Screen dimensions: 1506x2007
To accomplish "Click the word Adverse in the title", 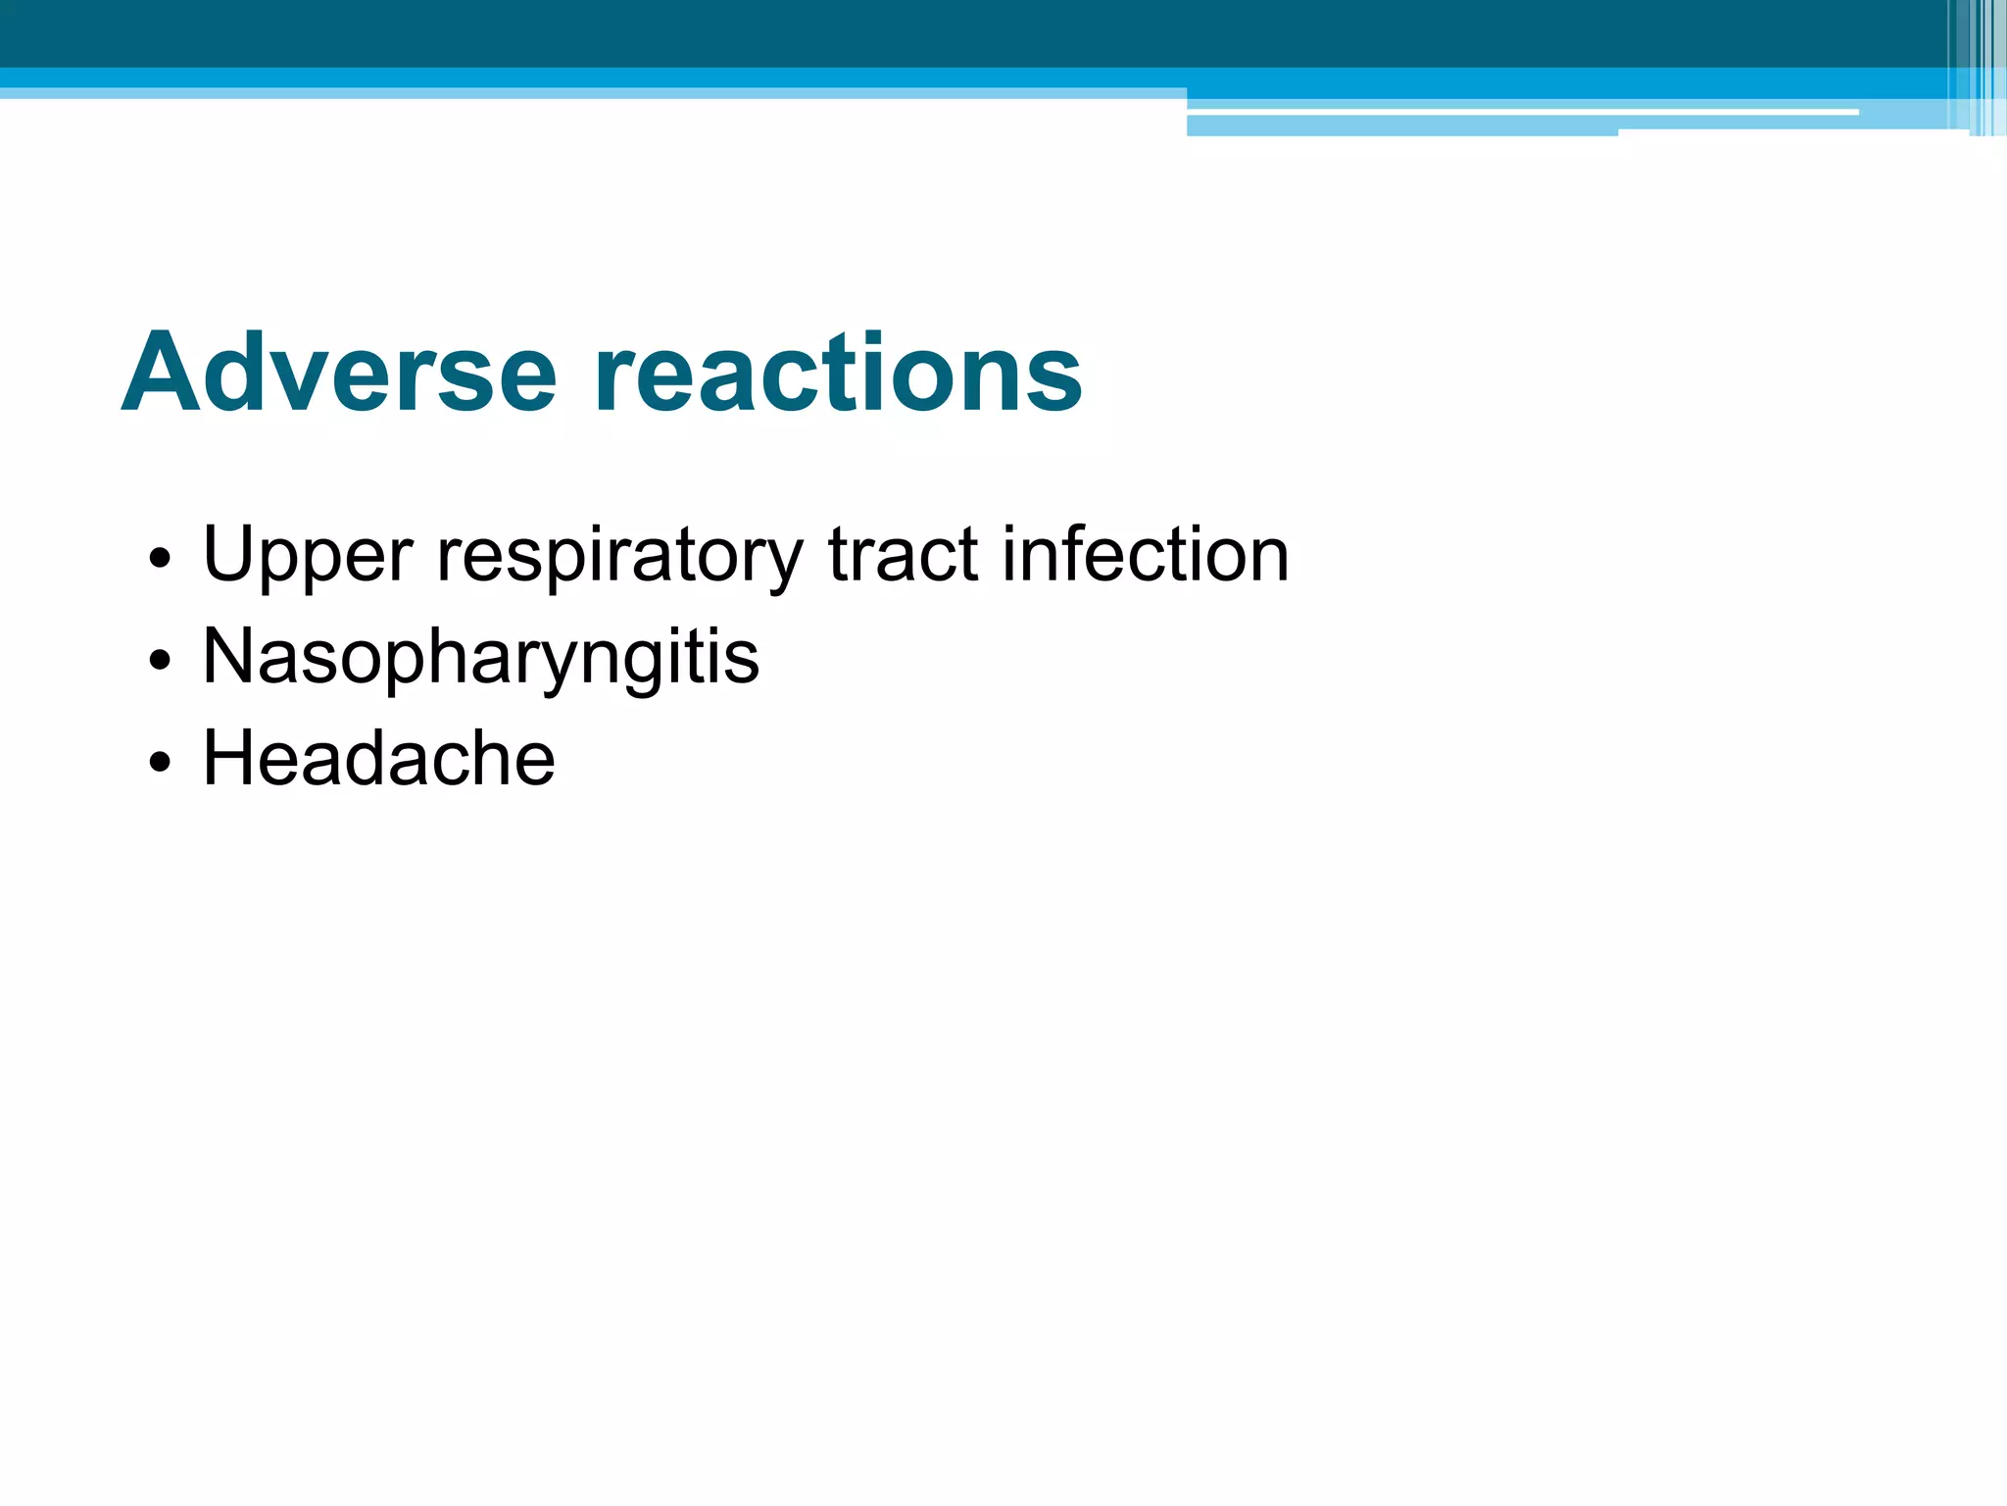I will (339, 374).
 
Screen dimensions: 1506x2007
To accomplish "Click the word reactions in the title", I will (838, 374).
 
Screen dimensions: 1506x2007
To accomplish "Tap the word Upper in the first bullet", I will (308, 556).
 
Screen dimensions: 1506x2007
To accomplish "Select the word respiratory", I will (619, 556).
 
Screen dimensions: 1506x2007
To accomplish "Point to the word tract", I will (903, 554).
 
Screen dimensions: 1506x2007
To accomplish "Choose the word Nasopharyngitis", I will (480, 658).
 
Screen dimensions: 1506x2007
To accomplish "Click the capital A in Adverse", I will (160, 374).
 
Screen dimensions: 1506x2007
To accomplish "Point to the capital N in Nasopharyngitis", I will (227, 656).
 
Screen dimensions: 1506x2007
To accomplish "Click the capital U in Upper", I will (227, 554).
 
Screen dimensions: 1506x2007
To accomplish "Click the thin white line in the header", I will (1519, 113).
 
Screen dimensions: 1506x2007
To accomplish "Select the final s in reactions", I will (1056, 382).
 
